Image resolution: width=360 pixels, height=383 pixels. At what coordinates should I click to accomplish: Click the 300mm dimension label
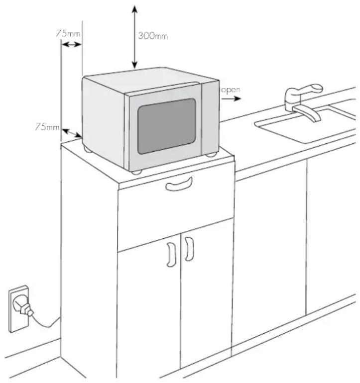pyautogui.click(x=153, y=36)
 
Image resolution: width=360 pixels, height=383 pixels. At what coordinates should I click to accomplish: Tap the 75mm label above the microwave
pyautogui.click(x=68, y=33)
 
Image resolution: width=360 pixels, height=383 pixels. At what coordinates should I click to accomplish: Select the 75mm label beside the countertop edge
pyautogui.click(x=47, y=126)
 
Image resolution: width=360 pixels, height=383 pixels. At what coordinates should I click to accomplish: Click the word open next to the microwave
pyautogui.click(x=231, y=90)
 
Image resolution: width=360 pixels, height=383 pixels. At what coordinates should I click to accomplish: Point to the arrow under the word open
pyautogui.click(x=232, y=98)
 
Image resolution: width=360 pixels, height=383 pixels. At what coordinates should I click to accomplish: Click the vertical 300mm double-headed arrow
pyautogui.click(x=134, y=37)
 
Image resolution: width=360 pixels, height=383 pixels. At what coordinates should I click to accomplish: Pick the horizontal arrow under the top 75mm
pyautogui.click(x=71, y=44)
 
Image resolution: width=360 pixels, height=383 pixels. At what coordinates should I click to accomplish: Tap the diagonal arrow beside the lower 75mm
pyautogui.click(x=72, y=133)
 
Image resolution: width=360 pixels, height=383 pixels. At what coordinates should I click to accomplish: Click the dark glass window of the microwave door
pyautogui.click(x=166, y=126)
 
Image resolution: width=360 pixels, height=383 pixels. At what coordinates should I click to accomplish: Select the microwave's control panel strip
pyautogui.click(x=210, y=119)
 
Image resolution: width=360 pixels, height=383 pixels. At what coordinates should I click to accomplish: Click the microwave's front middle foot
pyautogui.click(x=136, y=172)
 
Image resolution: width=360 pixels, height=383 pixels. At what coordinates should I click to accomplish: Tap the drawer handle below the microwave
pyautogui.click(x=179, y=185)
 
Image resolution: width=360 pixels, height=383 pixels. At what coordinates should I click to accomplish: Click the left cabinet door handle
pyautogui.click(x=171, y=255)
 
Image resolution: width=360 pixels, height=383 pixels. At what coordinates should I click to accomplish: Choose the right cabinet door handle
pyautogui.click(x=189, y=249)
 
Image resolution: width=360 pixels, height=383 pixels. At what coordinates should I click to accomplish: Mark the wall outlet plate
pyautogui.click(x=19, y=309)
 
